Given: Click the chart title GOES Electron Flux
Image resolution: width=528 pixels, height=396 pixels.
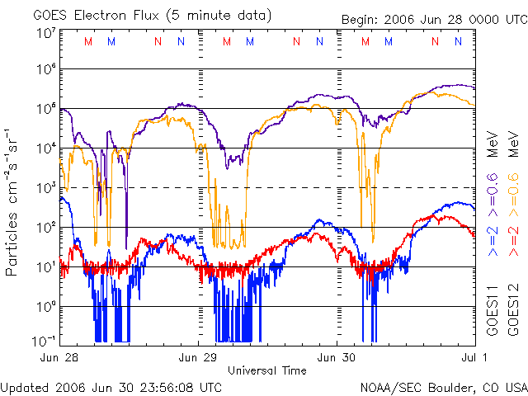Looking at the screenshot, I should pos(140,15).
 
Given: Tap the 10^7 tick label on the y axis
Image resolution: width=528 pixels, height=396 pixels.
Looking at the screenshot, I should pos(46,33).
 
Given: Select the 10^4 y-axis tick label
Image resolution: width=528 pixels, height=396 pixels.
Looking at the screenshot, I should pos(46,148).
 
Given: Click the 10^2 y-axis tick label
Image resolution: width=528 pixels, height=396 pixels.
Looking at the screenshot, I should pos(46,227).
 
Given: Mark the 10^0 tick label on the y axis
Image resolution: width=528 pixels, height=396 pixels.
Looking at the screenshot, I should pos(46,306).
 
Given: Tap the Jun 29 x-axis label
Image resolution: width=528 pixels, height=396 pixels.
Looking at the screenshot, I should pos(199,357).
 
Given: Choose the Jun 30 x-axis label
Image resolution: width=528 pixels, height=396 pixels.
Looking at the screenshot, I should pos(337,357).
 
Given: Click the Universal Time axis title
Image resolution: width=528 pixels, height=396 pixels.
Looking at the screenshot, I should pos(266,370).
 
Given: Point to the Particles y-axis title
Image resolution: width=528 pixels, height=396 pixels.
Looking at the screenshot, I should pos(14,201).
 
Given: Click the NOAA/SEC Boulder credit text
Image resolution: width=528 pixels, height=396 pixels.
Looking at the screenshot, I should pos(443,386).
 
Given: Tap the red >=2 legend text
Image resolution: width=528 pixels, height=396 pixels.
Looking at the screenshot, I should pos(512,239).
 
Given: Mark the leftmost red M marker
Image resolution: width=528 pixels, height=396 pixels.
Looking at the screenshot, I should pos(89,41).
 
